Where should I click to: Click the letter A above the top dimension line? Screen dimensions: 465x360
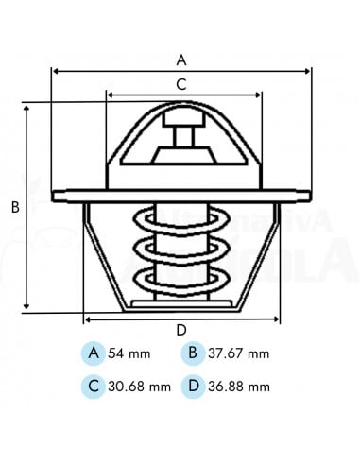pyautogui.click(x=180, y=59)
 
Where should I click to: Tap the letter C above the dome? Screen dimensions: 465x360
pyautogui.click(x=181, y=83)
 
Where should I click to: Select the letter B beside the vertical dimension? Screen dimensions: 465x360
pyautogui.click(x=15, y=208)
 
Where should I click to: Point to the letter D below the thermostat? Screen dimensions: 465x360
pyautogui.click(x=180, y=330)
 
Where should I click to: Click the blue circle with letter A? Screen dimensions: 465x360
pyautogui.click(x=93, y=353)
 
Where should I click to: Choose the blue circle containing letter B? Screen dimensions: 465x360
pyautogui.click(x=192, y=353)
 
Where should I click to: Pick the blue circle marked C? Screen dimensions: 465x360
pyautogui.click(x=93, y=386)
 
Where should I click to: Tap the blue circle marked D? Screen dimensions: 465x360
pyautogui.click(x=192, y=386)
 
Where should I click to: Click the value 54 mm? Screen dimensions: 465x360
pyautogui.click(x=130, y=354)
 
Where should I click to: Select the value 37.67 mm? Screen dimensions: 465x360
pyautogui.click(x=239, y=354)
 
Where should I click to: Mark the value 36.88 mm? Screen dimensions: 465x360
pyautogui.click(x=239, y=387)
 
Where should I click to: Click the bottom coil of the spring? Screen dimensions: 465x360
pyautogui.click(x=180, y=278)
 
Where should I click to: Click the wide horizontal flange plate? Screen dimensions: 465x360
pyautogui.click(x=180, y=196)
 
